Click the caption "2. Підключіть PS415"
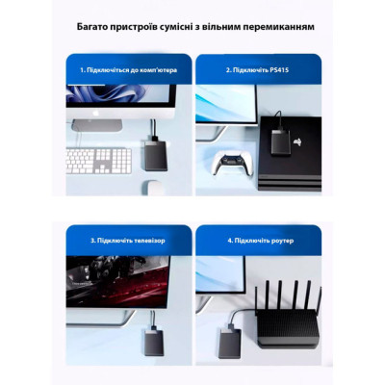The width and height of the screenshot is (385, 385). (255, 69)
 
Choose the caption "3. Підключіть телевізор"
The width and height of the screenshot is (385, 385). (118, 240)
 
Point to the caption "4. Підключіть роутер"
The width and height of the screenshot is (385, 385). (258, 240)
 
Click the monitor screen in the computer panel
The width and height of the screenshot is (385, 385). (121, 96)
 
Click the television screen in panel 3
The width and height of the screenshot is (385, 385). (117, 279)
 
